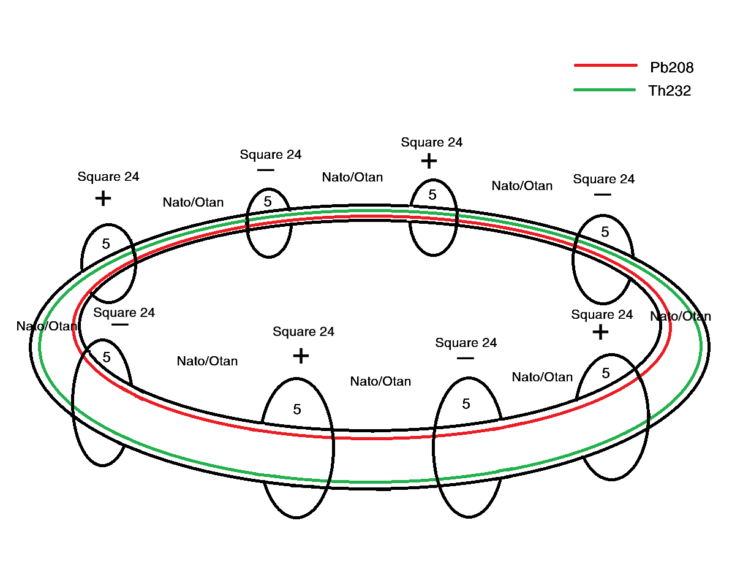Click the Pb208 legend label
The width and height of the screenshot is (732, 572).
[671, 67]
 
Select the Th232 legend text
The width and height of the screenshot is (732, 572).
[670, 91]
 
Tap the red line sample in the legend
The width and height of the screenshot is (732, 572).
[605, 65]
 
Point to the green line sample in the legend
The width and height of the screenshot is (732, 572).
[605, 90]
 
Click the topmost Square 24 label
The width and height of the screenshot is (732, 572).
[431, 142]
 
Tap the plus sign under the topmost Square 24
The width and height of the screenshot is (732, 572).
[429, 161]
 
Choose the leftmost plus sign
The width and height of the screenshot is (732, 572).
[104, 199]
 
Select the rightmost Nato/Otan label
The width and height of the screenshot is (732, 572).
[681, 316]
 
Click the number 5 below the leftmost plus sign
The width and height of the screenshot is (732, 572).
[106, 244]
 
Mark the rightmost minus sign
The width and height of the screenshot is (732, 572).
[602, 195]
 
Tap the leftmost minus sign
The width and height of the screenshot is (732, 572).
[120, 324]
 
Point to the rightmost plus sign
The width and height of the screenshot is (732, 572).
[600, 332]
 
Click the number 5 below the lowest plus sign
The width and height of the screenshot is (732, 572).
[297, 410]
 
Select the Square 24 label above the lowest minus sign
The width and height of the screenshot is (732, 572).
[466, 343]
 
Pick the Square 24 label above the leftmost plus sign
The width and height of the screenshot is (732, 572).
[108, 177]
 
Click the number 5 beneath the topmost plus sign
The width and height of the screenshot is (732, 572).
[432, 195]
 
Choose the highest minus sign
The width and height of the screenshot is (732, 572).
[266, 170]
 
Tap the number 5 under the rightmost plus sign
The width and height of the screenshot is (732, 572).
[606, 373]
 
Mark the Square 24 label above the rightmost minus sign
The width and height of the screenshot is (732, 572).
[603, 179]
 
